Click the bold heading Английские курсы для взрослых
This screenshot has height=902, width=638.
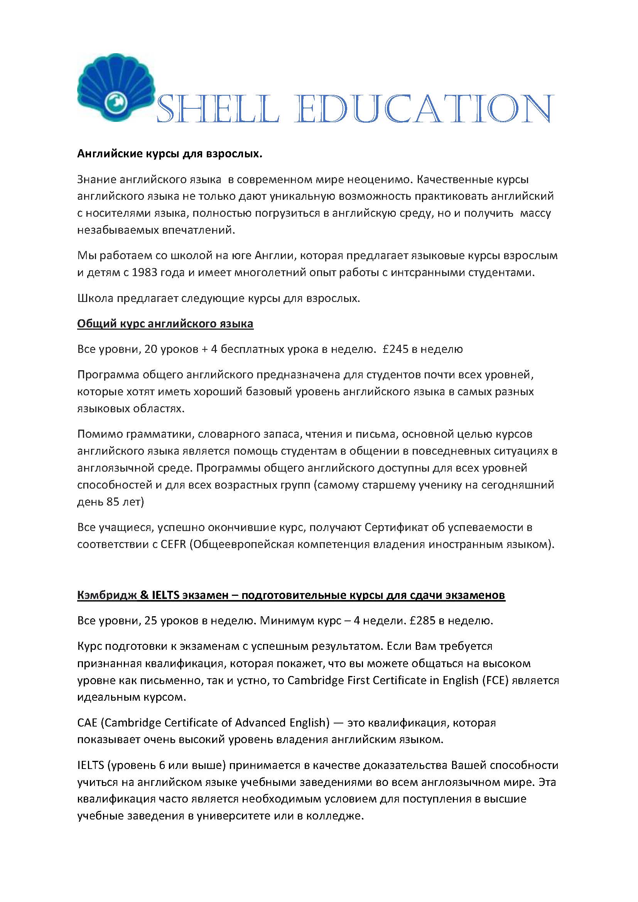click(169, 153)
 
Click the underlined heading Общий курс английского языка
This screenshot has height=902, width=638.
click(165, 324)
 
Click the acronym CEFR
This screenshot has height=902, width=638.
click(173, 545)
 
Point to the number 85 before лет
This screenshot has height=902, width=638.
click(113, 502)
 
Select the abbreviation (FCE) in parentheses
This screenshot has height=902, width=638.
click(495, 680)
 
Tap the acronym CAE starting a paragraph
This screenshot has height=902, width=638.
click(87, 723)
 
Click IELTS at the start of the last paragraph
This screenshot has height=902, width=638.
click(90, 765)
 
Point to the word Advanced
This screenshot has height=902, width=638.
click(260, 723)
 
